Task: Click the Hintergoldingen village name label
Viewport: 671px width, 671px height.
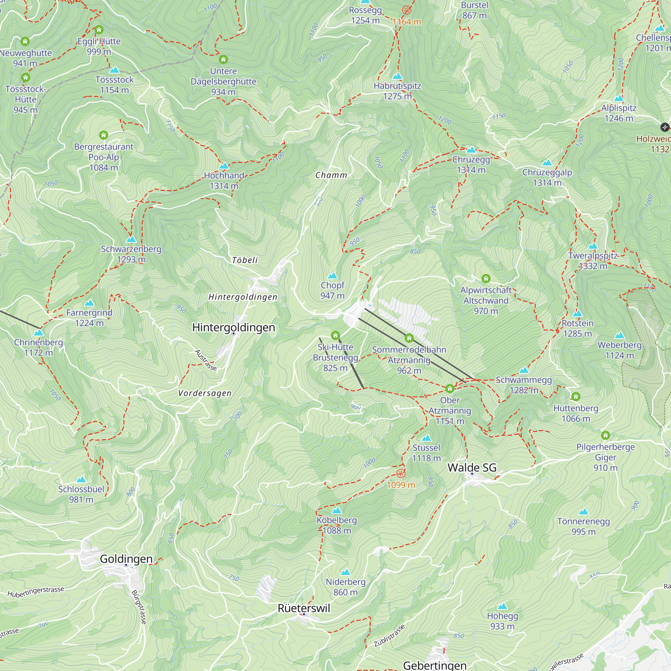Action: click(x=234, y=327)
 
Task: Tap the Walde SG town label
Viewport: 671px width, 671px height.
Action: click(x=472, y=468)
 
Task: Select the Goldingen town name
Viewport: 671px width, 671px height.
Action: click(x=126, y=559)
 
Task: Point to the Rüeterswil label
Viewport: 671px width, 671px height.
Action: click(x=304, y=608)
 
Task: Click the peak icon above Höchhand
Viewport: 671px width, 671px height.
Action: click(x=224, y=166)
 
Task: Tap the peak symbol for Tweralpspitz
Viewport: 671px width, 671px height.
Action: click(x=593, y=246)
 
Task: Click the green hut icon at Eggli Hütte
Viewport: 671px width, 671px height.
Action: click(x=99, y=30)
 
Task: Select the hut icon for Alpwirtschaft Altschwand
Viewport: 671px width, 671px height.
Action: click(x=486, y=278)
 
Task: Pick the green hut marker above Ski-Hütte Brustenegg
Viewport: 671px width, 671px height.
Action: click(x=335, y=335)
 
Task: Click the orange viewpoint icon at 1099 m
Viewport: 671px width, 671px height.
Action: click(x=401, y=473)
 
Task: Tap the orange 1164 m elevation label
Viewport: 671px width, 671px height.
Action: click(x=407, y=22)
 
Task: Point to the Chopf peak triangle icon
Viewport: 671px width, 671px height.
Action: click(x=332, y=276)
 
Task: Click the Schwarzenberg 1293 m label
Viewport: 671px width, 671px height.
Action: click(x=131, y=254)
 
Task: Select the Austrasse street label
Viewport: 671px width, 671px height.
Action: click(x=206, y=360)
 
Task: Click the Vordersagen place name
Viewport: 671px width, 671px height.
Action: click(x=205, y=393)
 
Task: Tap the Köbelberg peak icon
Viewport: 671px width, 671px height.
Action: click(x=337, y=511)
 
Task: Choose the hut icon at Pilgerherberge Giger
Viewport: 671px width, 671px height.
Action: click(x=605, y=435)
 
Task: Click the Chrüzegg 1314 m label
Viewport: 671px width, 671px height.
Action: click(x=471, y=165)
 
